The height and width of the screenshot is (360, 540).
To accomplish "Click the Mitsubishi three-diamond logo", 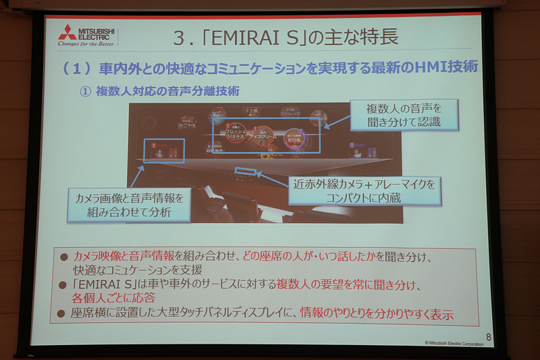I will [67, 32].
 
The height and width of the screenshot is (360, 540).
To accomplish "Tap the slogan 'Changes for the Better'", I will [85, 45].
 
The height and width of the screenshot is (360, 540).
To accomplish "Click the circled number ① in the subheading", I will [85, 92].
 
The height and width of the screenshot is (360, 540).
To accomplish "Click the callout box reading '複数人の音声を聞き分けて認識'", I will [404, 115].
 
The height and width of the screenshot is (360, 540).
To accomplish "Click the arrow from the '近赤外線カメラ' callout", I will [273, 178].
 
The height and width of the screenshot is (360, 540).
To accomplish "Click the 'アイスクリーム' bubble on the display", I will [261, 134].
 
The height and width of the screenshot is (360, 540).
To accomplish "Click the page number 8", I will [488, 336].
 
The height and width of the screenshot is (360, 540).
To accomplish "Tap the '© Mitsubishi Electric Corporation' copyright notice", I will [454, 343].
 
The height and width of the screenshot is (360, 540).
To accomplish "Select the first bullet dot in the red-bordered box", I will [63, 257].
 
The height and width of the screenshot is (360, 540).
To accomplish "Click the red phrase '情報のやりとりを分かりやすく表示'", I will [376, 314].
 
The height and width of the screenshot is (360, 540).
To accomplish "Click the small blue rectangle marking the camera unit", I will [245, 171].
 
